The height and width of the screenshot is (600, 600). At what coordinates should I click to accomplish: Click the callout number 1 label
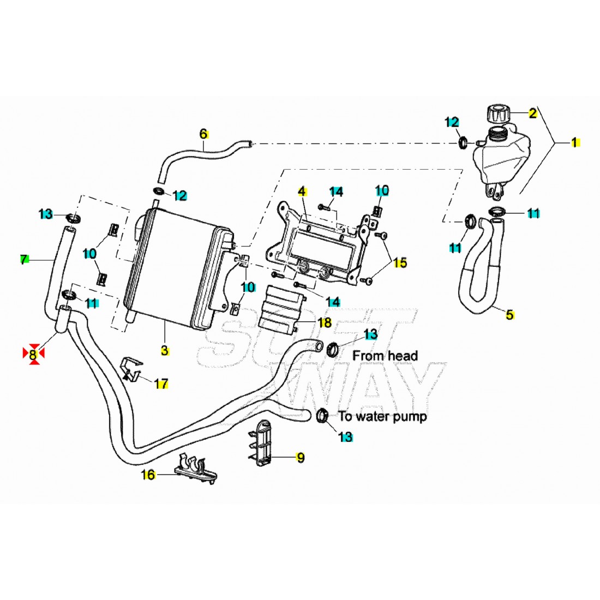coord(573,142)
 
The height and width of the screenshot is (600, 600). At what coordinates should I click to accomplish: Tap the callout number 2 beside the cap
coord(532,113)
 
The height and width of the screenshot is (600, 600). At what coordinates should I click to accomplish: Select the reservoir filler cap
coord(497,113)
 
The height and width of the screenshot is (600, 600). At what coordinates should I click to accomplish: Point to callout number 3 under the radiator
coord(165,350)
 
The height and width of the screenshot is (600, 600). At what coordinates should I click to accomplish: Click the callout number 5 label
coord(509,314)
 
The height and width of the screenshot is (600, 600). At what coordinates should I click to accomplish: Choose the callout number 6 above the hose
coord(203,133)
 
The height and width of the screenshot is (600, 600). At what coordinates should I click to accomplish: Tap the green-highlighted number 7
coord(23,260)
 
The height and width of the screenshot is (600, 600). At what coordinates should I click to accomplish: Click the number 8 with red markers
coord(33,353)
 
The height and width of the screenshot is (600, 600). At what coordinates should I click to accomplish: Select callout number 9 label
coord(300,458)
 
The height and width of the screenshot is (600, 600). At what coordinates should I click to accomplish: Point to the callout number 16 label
coord(148,475)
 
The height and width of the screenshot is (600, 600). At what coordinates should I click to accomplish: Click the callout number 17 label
coord(161,384)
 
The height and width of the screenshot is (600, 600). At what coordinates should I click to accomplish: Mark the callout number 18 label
coord(325,322)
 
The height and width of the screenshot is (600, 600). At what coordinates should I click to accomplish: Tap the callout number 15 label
coord(400,263)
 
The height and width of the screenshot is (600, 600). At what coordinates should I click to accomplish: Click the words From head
coord(385,356)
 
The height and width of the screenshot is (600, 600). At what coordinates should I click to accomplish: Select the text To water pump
coord(382,416)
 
